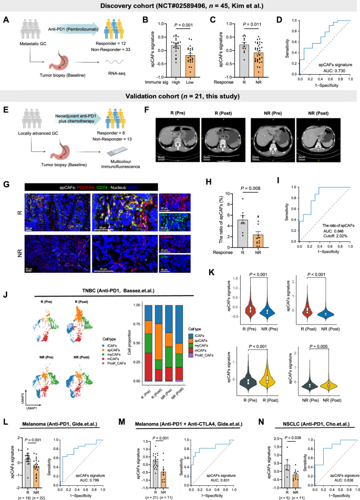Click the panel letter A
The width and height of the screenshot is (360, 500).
[6, 22]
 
